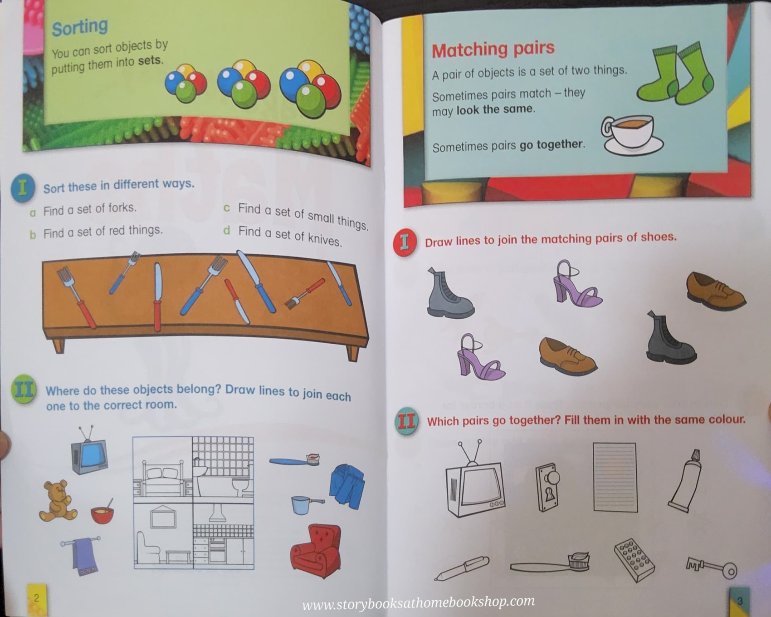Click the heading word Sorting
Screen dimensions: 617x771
pos(80,27)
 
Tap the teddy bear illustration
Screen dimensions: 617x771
pos(57,501)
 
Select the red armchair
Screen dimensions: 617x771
pos(316,550)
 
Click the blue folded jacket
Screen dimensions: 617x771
pos(347,486)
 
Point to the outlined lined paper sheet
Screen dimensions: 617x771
pos(615,477)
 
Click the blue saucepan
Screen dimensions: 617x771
pos(304,504)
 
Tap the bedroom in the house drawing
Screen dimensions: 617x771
pos(162,469)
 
